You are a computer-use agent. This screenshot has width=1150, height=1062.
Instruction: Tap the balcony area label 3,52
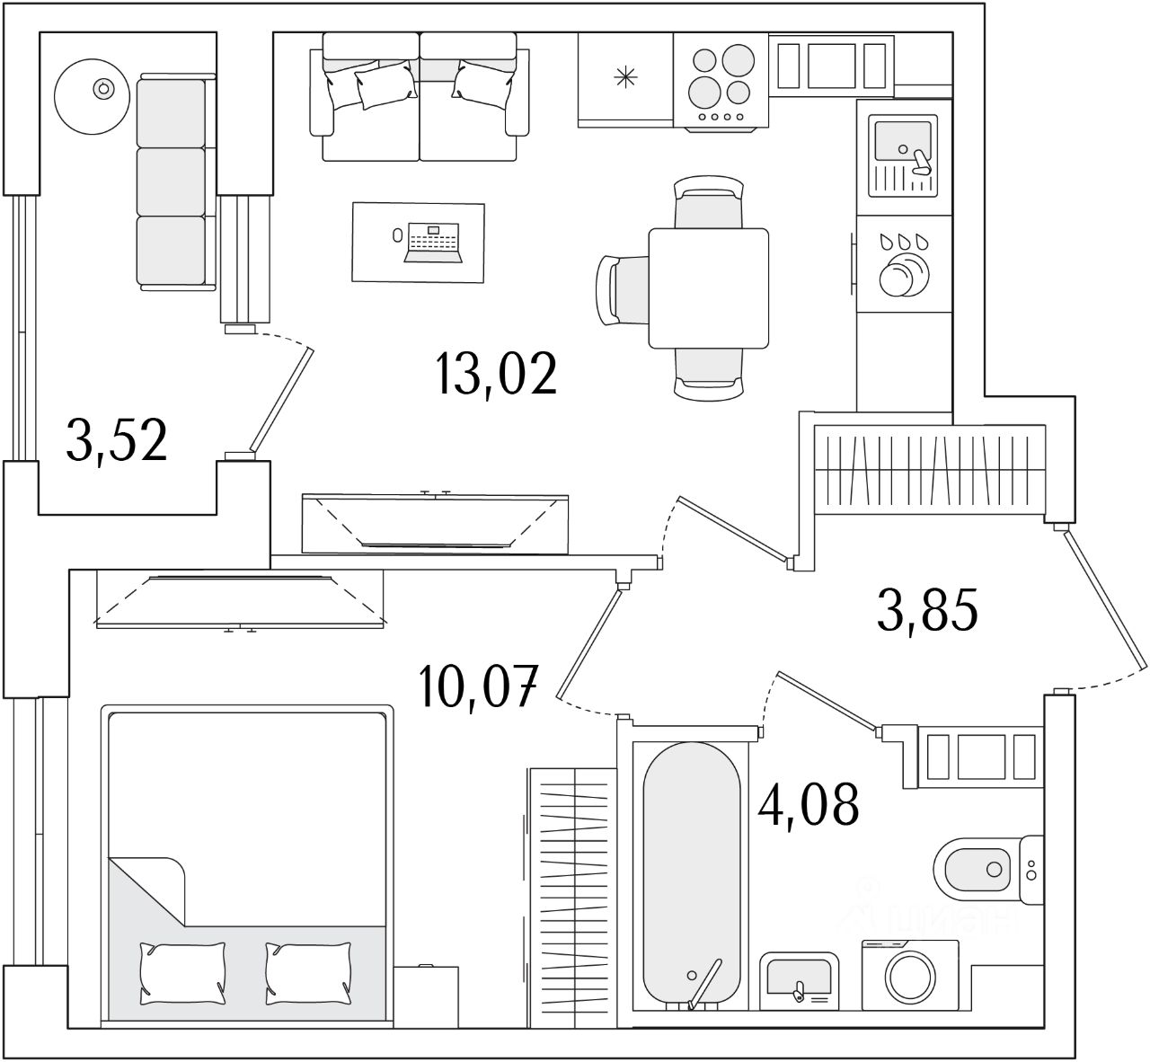click(x=117, y=440)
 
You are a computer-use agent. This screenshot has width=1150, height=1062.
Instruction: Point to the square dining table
click(x=709, y=288)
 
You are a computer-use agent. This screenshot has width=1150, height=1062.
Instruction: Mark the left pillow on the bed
click(x=182, y=973)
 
